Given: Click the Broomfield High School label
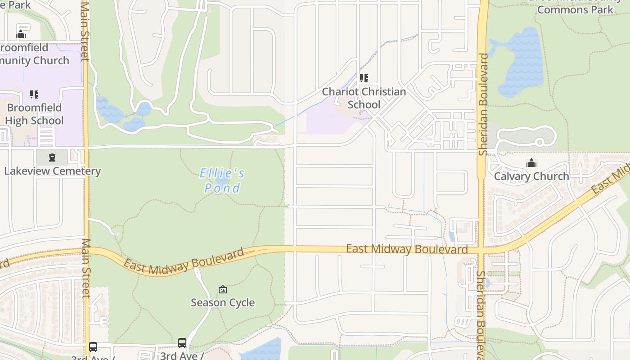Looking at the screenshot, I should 34,114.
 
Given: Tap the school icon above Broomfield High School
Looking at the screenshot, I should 34,94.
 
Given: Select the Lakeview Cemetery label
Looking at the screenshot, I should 52,171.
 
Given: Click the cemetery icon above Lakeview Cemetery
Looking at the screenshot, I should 52,157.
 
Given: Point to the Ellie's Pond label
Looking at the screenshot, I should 222,180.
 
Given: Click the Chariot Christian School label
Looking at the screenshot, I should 364,98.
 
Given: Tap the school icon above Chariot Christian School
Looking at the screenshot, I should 364,78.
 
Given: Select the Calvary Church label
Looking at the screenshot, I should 531,176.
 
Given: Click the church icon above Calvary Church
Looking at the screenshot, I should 531,162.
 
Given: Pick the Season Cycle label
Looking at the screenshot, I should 223,302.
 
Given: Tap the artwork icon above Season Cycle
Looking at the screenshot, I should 223,289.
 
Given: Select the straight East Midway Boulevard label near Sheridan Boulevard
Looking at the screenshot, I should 406,249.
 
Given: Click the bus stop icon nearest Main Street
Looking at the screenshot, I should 93,347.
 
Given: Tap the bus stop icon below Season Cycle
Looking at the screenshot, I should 182,343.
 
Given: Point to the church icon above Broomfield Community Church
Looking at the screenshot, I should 21,34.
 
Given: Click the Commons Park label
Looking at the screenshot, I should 575,9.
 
